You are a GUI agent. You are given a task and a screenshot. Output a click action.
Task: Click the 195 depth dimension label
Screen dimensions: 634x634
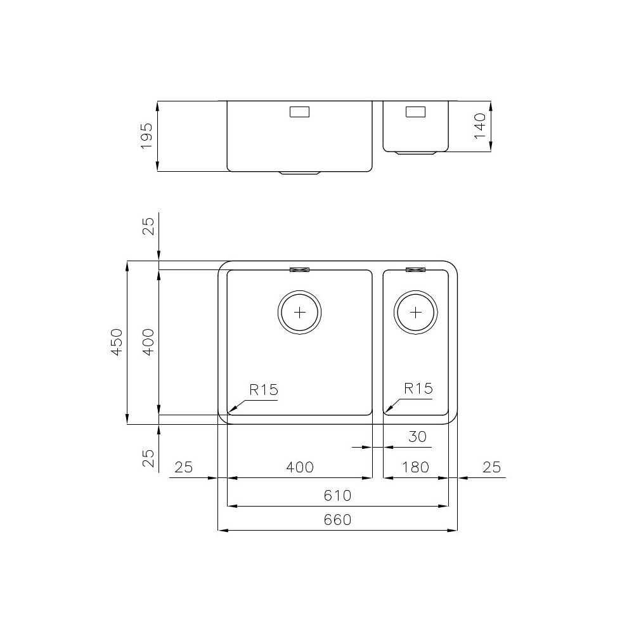coord(146,136)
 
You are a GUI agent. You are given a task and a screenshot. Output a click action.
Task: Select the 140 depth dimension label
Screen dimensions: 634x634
coord(479,126)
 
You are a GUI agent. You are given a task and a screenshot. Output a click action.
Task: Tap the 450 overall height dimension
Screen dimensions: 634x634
coord(116,342)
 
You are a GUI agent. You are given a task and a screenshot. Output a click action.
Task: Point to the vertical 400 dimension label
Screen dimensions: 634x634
coord(147,342)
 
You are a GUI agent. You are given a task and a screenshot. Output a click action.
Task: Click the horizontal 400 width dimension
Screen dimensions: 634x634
coord(299,467)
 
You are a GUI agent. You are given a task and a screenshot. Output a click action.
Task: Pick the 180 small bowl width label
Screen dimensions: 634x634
coord(416,467)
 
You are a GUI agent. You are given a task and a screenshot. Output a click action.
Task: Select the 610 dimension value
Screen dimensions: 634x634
coord(337,495)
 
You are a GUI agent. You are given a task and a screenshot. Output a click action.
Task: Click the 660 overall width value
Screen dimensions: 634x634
coord(337,520)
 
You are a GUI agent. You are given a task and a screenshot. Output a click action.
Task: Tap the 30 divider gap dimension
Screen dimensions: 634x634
coord(417,436)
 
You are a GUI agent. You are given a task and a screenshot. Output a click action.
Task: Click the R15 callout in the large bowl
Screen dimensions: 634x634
coord(263,389)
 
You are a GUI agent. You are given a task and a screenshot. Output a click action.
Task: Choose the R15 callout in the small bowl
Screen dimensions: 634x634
coord(418,389)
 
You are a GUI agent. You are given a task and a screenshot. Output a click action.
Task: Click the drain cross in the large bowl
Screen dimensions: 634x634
coord(300,312)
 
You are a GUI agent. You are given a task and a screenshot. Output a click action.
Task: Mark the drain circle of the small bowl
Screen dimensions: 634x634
coord(416,312)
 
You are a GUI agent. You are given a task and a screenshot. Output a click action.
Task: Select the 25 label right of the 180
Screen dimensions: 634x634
coord(491,467)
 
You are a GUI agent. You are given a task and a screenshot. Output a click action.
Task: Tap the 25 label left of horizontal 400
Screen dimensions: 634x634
coord(183,467)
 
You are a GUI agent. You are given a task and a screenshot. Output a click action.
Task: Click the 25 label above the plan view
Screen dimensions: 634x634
coord(147,226)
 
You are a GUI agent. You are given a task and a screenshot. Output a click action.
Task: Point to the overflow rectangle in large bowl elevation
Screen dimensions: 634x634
coord(299,112)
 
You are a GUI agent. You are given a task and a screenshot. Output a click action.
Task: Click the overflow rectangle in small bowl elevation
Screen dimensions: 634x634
coord(416,112)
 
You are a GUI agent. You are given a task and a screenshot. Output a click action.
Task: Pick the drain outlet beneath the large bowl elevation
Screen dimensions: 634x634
coord(300,172)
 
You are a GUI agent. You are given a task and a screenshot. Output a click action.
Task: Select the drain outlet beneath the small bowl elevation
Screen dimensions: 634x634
coord(416,153)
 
